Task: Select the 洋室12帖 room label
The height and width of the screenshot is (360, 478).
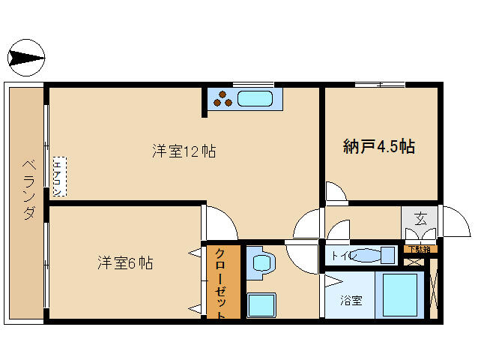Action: tap(184, 151)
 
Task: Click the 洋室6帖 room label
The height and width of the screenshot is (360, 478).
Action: tap(125, 263)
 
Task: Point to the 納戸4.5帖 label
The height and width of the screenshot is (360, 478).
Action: tap(379, 146)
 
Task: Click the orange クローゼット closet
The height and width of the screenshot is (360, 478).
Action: tap(223, 282)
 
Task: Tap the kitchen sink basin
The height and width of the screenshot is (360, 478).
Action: tap(257, 98)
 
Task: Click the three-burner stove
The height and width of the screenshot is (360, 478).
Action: tap(222, 98)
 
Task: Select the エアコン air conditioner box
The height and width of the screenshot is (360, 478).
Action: tap(59, 176)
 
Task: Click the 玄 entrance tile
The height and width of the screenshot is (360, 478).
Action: tap(420, 220)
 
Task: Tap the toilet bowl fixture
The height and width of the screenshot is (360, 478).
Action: tap(367, 255)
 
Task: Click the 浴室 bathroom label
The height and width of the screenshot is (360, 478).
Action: tap(351, 301)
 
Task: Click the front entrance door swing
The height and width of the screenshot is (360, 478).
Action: tap(452, 222)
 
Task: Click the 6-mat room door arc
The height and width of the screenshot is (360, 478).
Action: tap(221, 223)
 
